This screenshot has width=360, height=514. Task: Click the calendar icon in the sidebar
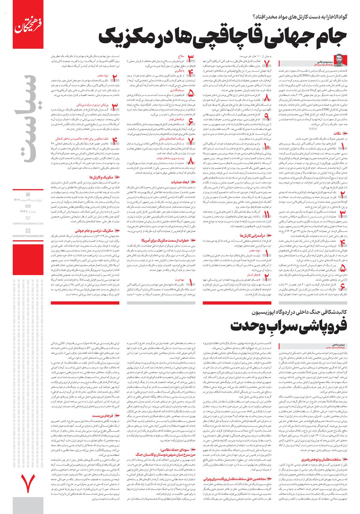pyautogui.click(x=28, y=194)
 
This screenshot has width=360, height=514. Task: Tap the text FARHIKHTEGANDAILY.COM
pyautogui.click(x=28, y=223)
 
